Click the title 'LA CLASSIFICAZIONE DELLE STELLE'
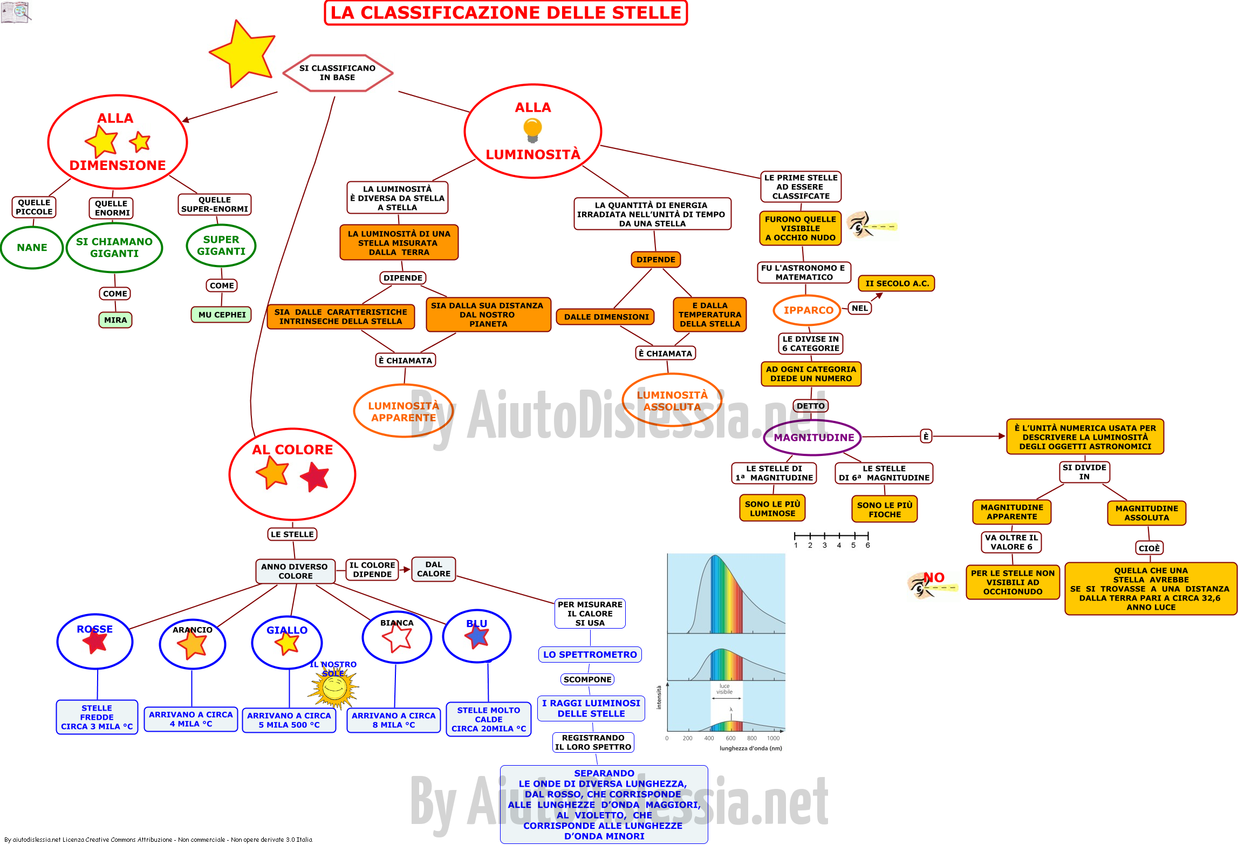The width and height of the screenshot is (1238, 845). click(x=505, y=13)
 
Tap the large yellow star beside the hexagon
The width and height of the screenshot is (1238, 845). click(x=243, y=54)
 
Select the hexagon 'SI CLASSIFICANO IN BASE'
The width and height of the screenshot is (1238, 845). click(x=338, y=73)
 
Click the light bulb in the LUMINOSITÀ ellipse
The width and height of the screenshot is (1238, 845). click(x=532, y=131)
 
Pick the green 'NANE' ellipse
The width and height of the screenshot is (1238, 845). click(x=32, y=248)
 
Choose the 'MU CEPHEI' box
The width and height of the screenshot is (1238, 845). click(x=222, y=315)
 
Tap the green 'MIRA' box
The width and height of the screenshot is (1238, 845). click(x=115, y=320)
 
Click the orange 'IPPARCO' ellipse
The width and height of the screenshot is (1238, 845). click(x=808, y=310)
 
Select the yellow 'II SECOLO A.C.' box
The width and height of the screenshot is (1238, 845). click(x=897, y=283)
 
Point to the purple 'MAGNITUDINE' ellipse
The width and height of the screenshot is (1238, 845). click(x=813, y=438)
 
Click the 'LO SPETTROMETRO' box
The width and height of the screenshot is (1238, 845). click(x=590, y=655)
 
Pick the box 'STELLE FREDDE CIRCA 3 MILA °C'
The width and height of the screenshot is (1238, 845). click(x=97, y=717)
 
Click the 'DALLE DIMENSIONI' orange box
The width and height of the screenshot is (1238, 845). click(x=606, y=317)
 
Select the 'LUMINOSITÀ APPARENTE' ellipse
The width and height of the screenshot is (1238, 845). click(x=403, y=411)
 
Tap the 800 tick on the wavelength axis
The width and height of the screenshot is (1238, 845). click(x=752, y=738)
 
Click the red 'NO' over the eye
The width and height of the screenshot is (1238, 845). click(x=934, y=578)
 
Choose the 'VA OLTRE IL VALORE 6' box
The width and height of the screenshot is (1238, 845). click(x=1011, y=542)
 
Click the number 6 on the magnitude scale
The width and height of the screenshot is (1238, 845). click(x=868, y=546)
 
